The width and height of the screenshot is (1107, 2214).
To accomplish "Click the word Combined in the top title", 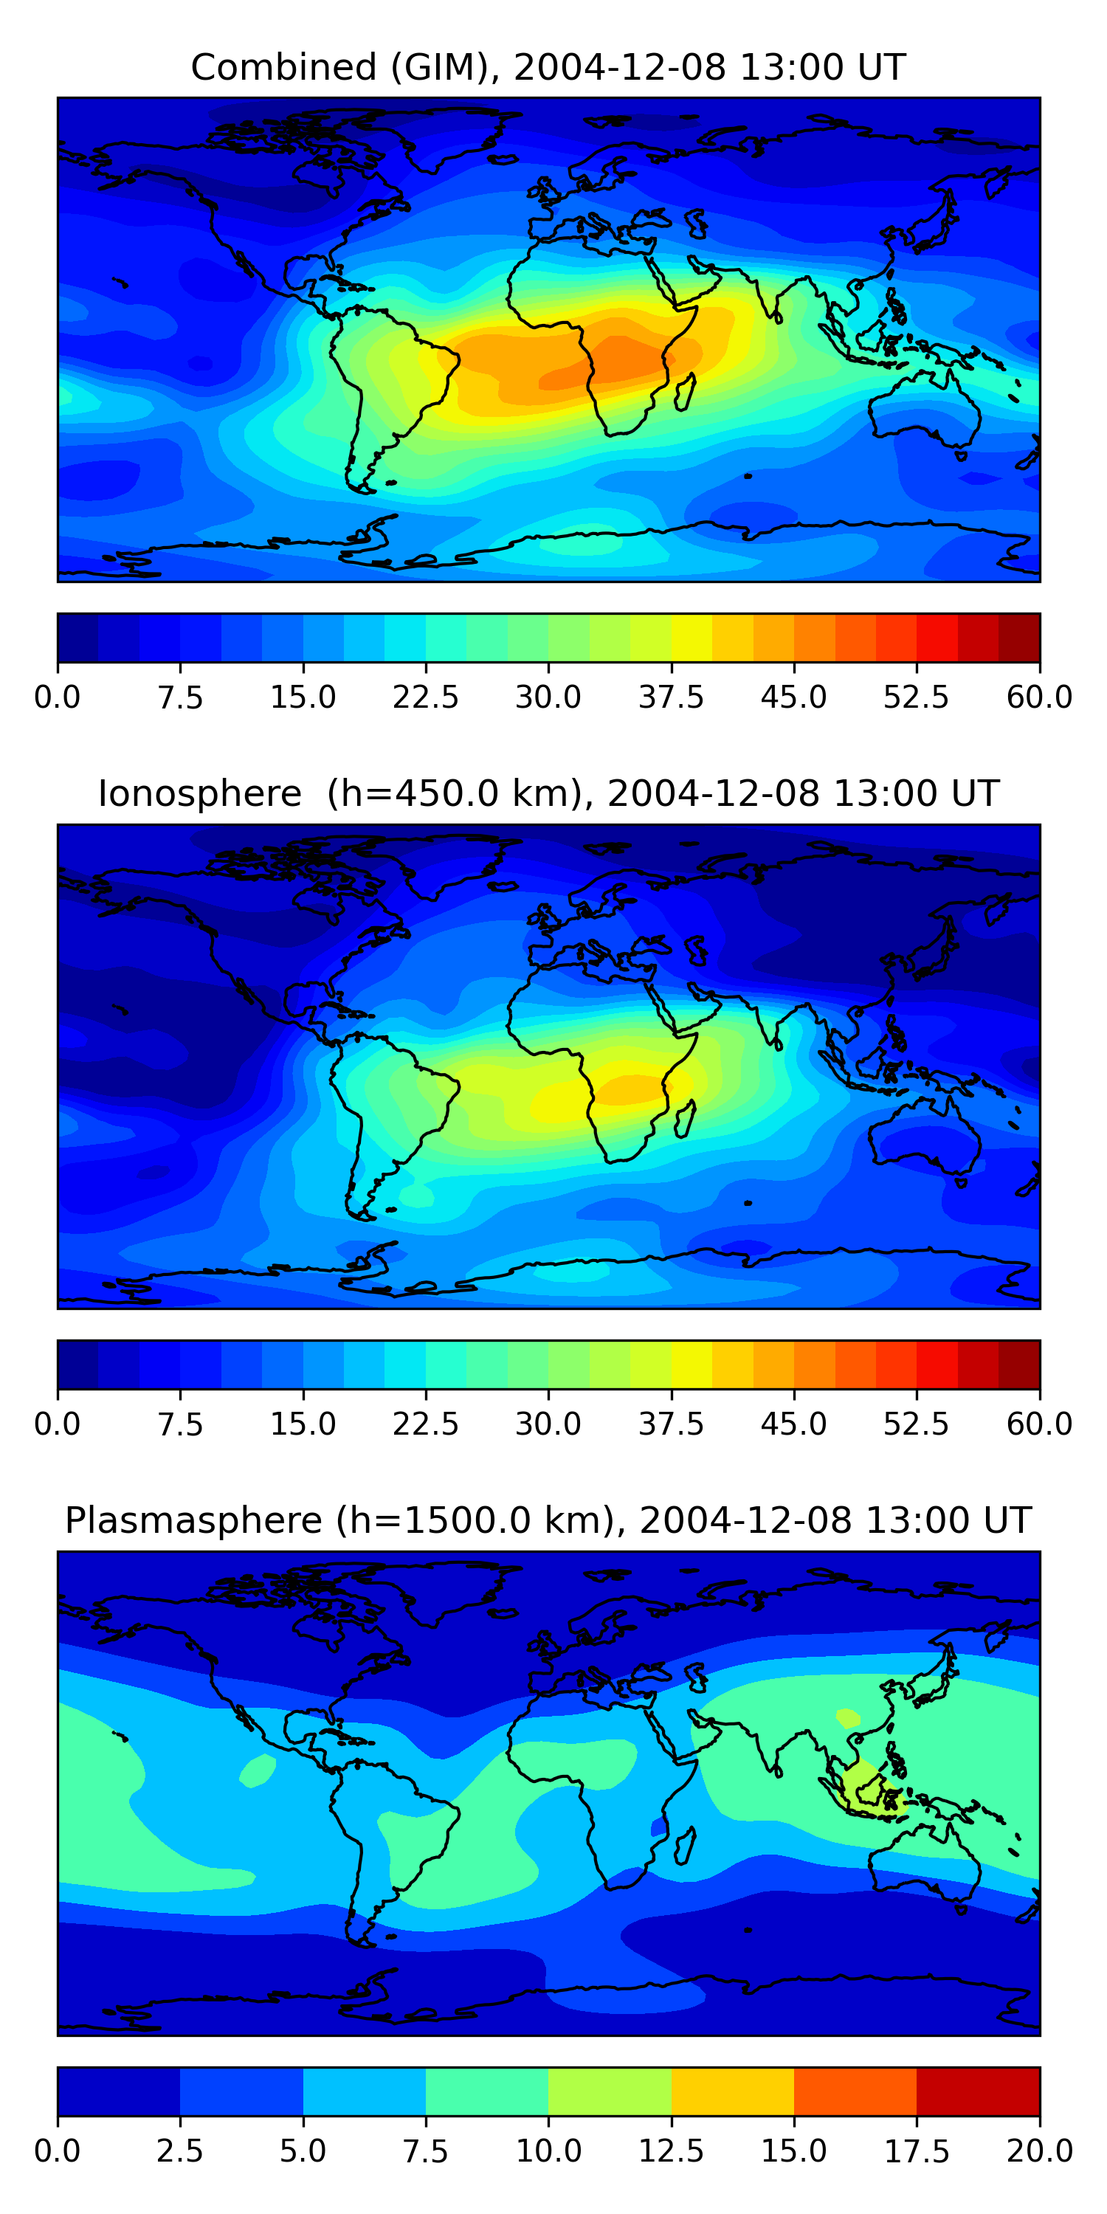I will (x=283, y=67).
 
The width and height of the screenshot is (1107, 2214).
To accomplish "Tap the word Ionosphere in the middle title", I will (x=199, y=793).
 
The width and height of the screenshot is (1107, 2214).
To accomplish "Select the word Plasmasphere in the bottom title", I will (x=193, y=1520).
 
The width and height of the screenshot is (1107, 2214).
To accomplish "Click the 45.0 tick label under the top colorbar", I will (x=793, y=697).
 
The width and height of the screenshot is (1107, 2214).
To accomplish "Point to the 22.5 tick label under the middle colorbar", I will (x=425, y=1424).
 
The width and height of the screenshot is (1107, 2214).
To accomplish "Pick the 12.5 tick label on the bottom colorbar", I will (x=670, y=2151).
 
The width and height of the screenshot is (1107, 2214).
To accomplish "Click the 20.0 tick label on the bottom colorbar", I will (x=1039, y=2151).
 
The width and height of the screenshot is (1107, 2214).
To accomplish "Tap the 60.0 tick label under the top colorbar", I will (x=1039, y=697).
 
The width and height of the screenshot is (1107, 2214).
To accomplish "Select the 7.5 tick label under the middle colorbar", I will (x=179, y=1424).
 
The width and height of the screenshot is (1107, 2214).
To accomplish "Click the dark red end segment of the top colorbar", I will (x=1019, y=638).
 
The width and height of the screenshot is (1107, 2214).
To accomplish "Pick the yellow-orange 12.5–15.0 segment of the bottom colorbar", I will (x=732, y=2092).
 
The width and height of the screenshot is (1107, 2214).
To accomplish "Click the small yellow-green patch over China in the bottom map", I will (x=847, y=1717).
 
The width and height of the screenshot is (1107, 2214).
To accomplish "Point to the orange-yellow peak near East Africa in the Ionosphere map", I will (x=632, y=1090).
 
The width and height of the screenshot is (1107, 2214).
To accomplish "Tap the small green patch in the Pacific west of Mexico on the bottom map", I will (x=258, y=1770).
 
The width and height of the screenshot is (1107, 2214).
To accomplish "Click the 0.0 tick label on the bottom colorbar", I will (x=58, y=2151).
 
